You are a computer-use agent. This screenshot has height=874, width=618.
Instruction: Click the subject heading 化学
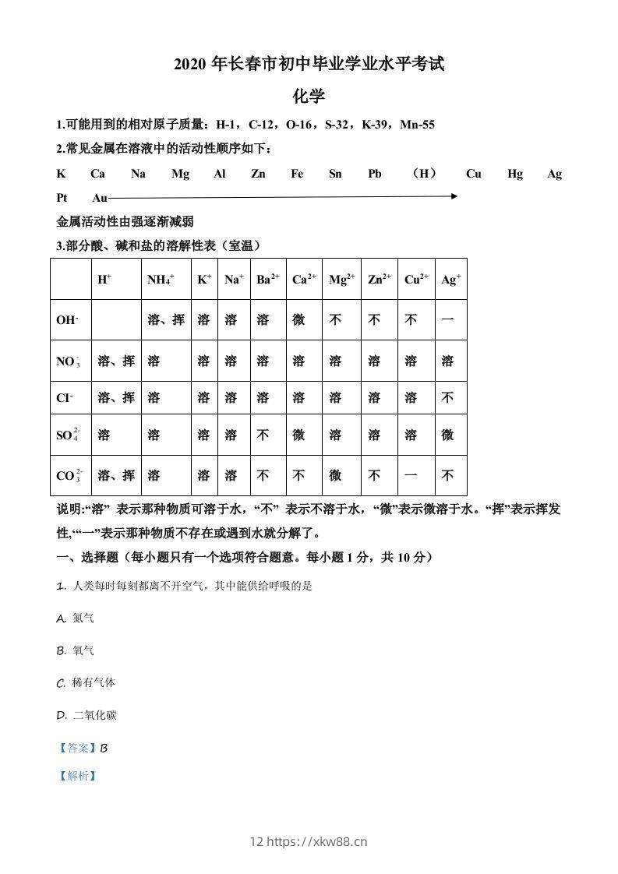[308, 97]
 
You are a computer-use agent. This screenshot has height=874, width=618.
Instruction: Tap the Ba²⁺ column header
[267, 280]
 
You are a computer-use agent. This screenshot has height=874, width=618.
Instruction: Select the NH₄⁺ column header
[161, 280]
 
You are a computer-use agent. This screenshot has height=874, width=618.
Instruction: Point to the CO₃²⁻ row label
[69, 475]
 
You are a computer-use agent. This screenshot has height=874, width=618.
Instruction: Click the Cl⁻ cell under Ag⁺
[447, 398]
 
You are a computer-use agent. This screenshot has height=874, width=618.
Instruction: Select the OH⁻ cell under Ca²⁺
[298, 320]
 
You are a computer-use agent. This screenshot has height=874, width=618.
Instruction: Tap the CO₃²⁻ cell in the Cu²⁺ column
[411, 475]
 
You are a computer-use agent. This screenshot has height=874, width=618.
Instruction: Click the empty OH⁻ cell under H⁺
[115, 320]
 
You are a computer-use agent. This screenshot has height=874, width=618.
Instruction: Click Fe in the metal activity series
[297, 174]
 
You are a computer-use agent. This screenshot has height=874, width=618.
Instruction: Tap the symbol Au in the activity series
[100, 198]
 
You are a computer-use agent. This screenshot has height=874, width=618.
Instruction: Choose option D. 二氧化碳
[87, 715]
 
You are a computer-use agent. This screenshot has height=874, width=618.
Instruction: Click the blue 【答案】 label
[77, 748]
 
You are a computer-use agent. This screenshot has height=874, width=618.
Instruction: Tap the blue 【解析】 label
[77, 776]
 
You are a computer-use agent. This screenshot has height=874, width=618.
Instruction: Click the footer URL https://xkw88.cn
[317, 841]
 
